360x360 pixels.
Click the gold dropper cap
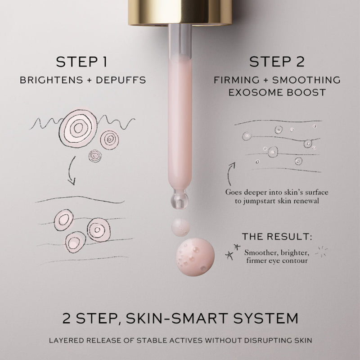tap(180, 12)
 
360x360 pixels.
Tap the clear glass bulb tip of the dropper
tap(180, 199)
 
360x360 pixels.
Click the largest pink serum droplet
tap(195, 257)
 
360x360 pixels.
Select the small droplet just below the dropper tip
tap(180, 227)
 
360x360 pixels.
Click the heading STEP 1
tap(82, 62)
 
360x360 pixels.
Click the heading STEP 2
tap(277, 62)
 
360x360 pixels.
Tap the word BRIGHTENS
tap(51, 80)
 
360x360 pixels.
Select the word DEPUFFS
tap(121, 80)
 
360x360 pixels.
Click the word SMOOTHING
tap(306, 80)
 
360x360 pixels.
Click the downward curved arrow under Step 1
tap(70, 171)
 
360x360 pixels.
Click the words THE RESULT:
tap(277, 237)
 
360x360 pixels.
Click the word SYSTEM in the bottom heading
tap(266, 318)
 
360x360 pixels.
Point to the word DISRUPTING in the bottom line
tap(268, 340)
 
